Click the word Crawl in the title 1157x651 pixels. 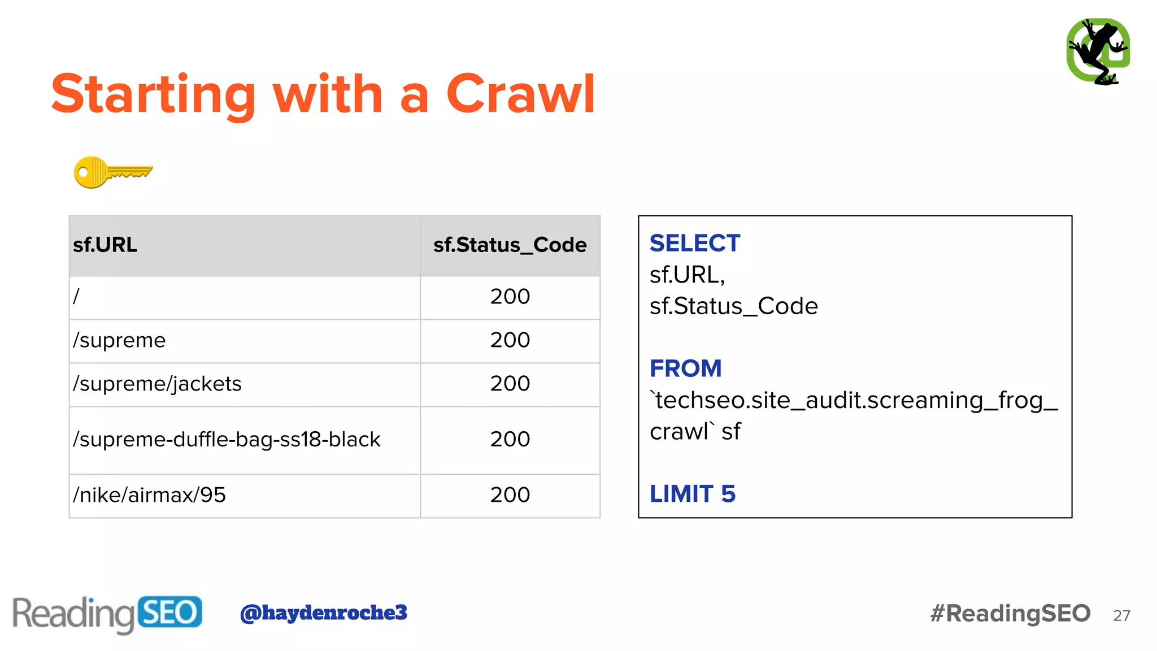520,94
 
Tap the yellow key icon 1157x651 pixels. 112,172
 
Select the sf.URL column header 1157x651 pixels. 105,245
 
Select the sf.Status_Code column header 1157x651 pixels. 510,245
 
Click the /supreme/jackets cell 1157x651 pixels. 157,384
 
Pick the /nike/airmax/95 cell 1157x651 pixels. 149,496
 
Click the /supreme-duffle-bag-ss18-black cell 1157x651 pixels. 227,440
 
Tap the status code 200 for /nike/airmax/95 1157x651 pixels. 510,496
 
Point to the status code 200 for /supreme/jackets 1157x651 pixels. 510,384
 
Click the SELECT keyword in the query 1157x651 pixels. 694,244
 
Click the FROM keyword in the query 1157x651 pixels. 685,369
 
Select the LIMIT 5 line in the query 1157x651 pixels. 692,494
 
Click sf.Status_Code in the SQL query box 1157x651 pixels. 733,306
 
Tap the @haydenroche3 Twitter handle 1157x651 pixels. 323,613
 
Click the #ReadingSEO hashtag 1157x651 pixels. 1010,614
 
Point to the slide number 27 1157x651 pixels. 1121,616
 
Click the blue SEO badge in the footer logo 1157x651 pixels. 169,613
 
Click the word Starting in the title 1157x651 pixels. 154,94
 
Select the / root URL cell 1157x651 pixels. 77,297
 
